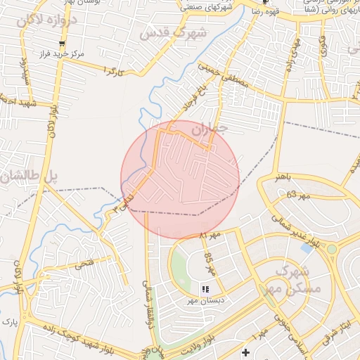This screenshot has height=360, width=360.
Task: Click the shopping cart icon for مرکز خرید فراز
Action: pos(62,44)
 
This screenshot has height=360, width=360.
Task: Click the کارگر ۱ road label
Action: pos(113,70)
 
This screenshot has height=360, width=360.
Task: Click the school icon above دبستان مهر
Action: pos(205,289)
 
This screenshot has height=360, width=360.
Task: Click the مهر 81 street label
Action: pos(210,233)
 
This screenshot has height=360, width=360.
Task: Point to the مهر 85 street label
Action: pos(209,263)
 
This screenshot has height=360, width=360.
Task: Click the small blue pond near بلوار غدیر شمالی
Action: pos(307,248)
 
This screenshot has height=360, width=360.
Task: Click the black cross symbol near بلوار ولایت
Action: pos(245,352)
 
